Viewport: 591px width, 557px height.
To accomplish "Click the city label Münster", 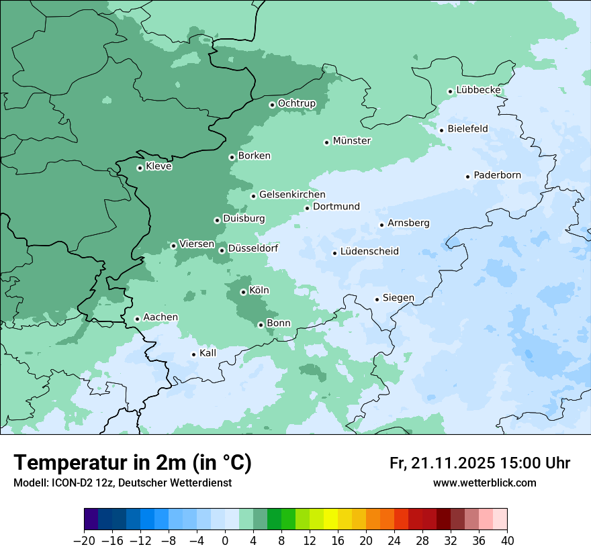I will pos(352,141).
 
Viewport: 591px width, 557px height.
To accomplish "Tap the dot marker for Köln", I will pos(243,292).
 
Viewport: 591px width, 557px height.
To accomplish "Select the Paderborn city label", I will pos(497,175).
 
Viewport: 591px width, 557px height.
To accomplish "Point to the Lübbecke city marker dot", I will pos(450,91).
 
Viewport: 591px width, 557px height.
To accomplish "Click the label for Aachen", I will pos(161,317).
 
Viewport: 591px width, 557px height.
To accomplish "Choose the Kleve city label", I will pos(158,166).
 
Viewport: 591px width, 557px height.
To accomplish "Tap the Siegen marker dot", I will pos(377,299).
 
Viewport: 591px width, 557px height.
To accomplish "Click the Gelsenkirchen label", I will pos(292,195).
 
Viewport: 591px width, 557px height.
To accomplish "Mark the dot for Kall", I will pos(193,354).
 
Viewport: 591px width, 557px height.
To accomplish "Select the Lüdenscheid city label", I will pos(369,252).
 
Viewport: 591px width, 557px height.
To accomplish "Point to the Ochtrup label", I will pos(296,103).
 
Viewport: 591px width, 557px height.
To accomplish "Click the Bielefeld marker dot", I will pos(441,130).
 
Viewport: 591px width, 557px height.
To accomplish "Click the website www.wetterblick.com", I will pos(484,483).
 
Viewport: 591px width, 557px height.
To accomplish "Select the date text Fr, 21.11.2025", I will pos(442,463).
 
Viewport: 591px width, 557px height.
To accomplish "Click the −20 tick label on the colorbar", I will pos(84,541).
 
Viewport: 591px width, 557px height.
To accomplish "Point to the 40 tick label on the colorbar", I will pos(507,541).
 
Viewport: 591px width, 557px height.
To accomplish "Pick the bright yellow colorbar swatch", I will pos(330,519).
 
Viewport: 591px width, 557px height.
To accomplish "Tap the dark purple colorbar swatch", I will pos(91,519).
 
